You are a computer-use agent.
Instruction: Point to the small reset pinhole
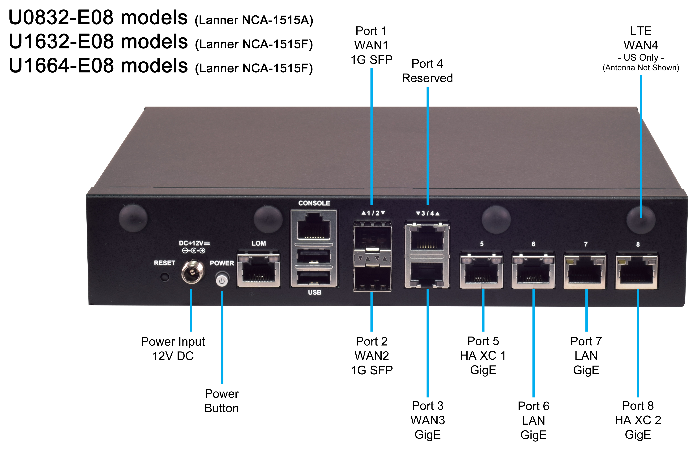[165, 276]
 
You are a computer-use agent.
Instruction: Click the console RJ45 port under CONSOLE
[314, 227]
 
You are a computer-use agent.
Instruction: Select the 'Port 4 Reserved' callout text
[427, 71]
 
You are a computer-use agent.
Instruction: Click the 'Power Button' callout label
[222, 401]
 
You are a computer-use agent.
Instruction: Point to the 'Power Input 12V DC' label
[173, 349]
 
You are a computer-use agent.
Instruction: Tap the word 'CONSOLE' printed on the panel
[314, 203]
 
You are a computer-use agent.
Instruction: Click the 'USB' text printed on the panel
[315, 292]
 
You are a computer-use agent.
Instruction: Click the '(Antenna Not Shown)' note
[641, 68]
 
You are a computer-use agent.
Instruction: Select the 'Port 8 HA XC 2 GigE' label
[638, 420]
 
